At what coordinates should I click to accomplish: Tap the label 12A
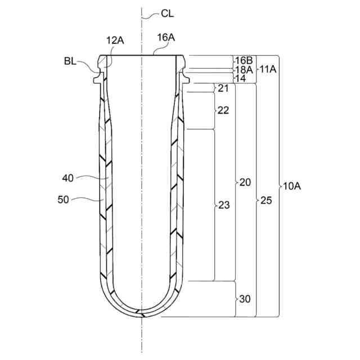115,40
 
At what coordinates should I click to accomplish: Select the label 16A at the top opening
166,38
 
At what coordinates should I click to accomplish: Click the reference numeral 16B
243,60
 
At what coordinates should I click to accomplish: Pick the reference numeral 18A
243,69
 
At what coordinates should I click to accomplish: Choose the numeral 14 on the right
240,78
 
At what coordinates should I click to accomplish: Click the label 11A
267,69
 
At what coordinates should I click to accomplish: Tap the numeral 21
223,88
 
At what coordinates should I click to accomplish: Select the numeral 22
223,110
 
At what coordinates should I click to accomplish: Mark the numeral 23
224,205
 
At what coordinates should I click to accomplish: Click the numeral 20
245,182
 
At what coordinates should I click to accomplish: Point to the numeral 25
266,200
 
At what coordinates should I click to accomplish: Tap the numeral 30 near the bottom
245,299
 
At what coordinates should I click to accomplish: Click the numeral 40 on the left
68,179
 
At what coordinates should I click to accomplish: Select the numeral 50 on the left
65,199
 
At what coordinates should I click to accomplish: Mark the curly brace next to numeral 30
236,299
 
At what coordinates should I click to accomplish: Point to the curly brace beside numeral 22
214,110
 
